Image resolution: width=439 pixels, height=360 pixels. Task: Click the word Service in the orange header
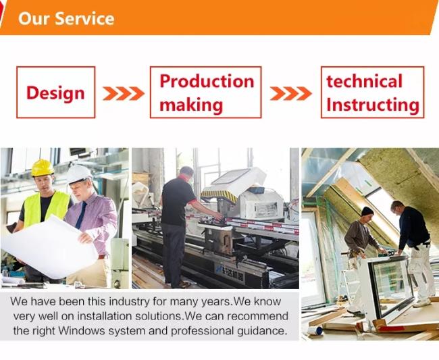[84, 18]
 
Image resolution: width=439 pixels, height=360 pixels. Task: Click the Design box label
[55, 93]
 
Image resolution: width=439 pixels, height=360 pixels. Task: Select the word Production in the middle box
[207, 81]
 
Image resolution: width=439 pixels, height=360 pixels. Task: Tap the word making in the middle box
[191, 105]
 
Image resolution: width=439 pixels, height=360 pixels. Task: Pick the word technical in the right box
[364, 81]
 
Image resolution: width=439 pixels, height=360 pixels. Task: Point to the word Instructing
[373, 105]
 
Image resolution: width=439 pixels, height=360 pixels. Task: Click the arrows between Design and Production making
[124, 93]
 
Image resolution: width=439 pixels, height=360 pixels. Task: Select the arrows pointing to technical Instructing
[291, 93]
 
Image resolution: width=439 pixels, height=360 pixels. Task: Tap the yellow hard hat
[43, 168]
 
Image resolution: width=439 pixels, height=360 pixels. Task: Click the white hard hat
[79, 174]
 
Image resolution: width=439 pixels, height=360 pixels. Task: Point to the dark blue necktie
[81, 215]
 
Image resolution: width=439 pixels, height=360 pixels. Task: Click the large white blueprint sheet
[51, 248]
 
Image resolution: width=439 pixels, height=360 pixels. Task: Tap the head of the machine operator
[186, 174]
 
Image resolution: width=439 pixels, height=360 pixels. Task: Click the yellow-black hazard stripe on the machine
[219, 195]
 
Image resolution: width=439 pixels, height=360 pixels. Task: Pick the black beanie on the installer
[367, 211]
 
